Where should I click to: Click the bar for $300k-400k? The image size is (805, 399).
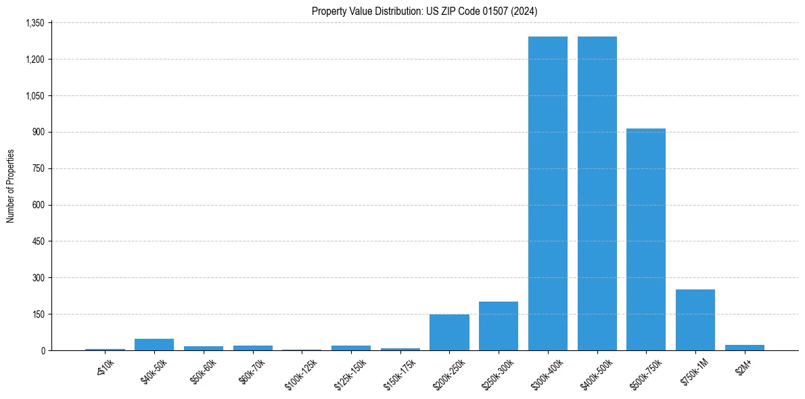click(548, 193)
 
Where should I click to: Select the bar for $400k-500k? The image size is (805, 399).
click(597, 193)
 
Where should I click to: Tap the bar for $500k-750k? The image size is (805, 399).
click(646, 239)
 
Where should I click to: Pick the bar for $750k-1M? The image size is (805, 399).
click(695, 320)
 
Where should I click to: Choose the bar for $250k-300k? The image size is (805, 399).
click(499, 326)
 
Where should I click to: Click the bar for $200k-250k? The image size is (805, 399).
click(449, 332)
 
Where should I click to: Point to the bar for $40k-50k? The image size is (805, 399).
click(154, 344)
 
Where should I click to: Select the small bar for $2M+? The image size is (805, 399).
click(745, 348)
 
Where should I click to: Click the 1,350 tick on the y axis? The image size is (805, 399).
click(34, 23)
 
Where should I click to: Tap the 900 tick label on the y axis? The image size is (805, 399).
click(38, 132)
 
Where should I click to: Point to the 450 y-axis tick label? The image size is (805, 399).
click(38, 241)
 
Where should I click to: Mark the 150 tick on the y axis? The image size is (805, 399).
click(38, 314)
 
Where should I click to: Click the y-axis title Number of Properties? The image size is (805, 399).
click(11, 186)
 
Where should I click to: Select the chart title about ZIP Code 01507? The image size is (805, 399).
click(425, 11)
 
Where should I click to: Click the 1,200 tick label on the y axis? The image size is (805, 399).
click(34, 60)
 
